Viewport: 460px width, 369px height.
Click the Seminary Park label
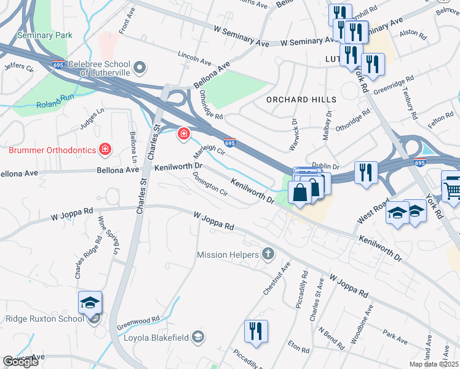click(44, 35)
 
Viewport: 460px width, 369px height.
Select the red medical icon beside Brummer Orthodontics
click(105, 149)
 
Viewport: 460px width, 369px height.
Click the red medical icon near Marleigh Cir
click(183, 133)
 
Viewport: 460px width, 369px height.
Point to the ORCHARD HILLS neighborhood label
click(301, 100)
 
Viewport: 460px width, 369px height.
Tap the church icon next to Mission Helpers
click(268, 253)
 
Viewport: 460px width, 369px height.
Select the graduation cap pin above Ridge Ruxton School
click(90, 303)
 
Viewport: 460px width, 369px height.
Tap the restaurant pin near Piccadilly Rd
click(256, 331)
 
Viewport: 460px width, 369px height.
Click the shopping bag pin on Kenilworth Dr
click(299, 192)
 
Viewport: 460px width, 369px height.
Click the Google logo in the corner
click(20, 362)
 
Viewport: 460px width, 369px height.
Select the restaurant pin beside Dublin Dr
click(367, 172)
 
